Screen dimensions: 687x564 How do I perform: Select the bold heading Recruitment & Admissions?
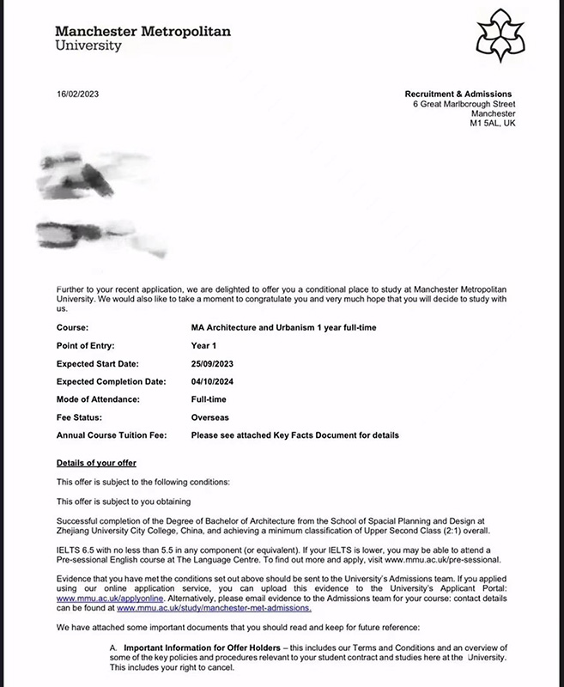(458, 94)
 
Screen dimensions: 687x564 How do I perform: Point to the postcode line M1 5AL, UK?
(493, 124)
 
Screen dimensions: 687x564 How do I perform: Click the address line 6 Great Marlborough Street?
(464, 104)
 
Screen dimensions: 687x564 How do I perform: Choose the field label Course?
(73, 328)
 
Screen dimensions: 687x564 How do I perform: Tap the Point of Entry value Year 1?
(205, 345)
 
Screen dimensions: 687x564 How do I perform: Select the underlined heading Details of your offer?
(96, 463)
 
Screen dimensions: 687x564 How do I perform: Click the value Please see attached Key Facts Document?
(294, 435)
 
